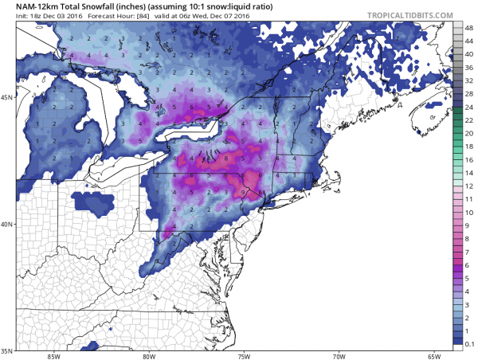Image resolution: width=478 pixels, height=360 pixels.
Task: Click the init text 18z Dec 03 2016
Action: tap(52, 18)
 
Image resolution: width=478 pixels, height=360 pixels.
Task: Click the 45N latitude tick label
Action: tap(7, 98)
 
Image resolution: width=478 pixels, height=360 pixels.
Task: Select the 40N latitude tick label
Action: tap(7, 224)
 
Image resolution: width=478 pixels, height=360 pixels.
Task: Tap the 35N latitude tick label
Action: tap(7, 350)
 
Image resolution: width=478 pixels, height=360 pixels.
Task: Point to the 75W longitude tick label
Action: tap(244, 355)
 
